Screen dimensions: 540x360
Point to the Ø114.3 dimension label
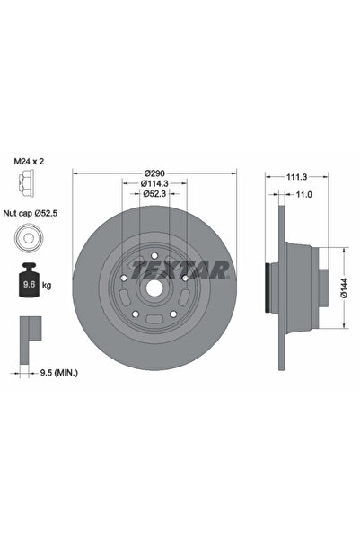(154, 184)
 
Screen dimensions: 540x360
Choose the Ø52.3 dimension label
(154, 195)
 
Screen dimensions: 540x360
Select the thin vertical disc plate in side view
(285, 288)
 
